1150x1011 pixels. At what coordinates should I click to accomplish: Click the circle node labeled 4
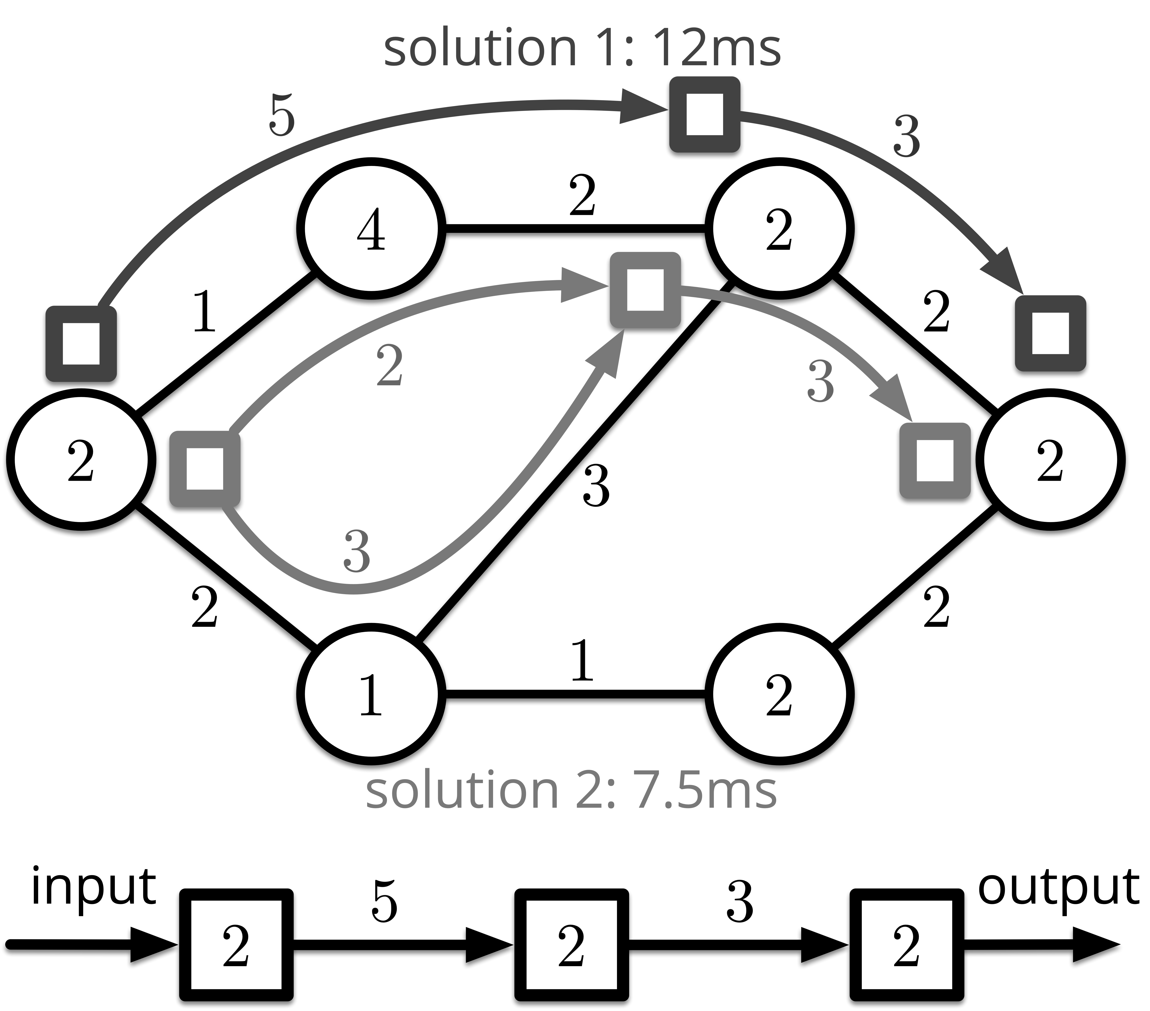point(371,229)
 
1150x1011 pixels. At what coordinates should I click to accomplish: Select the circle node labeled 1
point(371,695)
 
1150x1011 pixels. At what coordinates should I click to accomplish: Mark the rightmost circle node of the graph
point(1050,460)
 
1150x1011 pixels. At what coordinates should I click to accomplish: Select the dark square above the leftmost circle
point(81,343)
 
